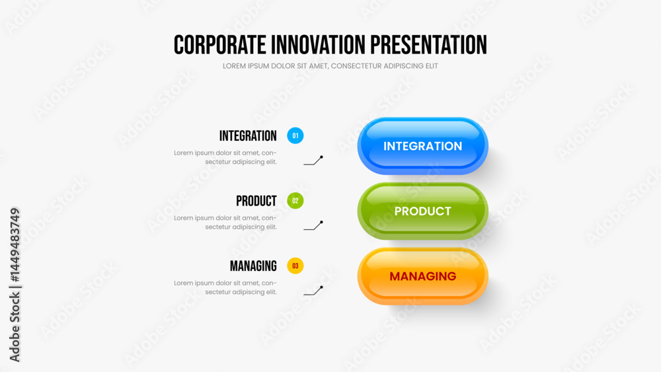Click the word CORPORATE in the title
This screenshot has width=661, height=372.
tap(220, 45)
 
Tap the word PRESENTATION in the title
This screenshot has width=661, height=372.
tap(429, 45)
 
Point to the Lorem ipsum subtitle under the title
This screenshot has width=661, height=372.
tap(330, 66)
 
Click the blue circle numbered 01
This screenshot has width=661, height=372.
tap(295, 135)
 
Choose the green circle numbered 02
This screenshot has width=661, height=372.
tap(295, 200)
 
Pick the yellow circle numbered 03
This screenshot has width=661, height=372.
tap(295, 266)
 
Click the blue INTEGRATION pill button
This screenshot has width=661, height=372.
tap(422, 146)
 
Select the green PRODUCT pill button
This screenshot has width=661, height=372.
tap(422, 211)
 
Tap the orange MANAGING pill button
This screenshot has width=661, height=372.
tap(422, 276)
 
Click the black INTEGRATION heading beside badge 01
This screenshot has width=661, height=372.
tap(248, 135)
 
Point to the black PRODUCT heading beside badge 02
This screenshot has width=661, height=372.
tap(256, 201)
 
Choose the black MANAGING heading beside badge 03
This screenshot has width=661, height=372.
tap(253, 266)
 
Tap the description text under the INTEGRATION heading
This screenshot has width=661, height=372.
tap(225, 157)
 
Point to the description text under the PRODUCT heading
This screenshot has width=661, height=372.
tap(225, 223)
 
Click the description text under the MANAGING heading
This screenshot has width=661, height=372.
tap(225, 287)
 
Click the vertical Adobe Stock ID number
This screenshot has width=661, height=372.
tap(15, 244)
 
